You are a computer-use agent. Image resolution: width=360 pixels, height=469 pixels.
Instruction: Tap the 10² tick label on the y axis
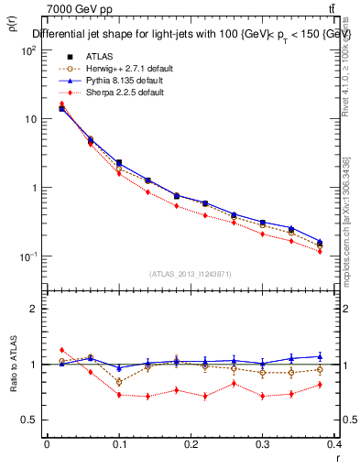tap(27, 51)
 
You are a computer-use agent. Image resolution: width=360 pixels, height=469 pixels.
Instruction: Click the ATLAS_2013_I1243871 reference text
tap(191, 274)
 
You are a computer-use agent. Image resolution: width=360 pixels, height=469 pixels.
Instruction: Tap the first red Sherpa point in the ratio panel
tap(61, 350)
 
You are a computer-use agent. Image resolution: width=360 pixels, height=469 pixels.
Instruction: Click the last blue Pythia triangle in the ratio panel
tap(345, 356)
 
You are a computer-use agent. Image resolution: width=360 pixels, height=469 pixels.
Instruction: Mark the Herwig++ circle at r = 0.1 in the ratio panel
tap(119, 381)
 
